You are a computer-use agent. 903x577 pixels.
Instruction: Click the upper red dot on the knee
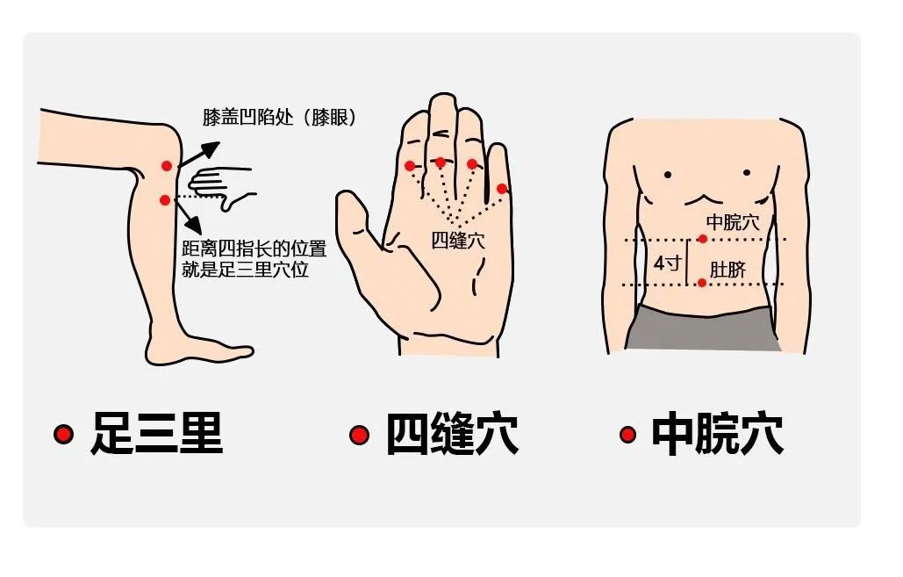point(167,166)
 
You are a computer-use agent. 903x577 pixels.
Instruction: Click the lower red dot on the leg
point(164,200)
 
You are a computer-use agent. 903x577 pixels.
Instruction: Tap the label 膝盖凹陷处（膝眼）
point(279,118)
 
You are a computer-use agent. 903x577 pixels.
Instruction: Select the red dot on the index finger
point(410,166)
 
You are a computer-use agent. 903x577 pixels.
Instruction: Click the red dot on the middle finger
point(441,162)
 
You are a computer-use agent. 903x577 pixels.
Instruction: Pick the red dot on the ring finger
point(472,164)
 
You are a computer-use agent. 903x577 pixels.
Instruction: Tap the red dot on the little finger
point(502,188)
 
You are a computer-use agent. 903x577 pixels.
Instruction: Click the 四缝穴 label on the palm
point(458,240)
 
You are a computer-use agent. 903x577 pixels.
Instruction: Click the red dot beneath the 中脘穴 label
point(702,239)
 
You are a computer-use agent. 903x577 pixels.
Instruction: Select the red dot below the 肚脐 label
point(702,283)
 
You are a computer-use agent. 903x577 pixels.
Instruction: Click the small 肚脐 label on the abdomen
point(727,269)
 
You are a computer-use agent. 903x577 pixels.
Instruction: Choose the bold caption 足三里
point(156,435)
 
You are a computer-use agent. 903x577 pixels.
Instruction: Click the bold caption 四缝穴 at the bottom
point(452,435)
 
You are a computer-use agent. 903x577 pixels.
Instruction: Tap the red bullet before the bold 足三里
point(63,434)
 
